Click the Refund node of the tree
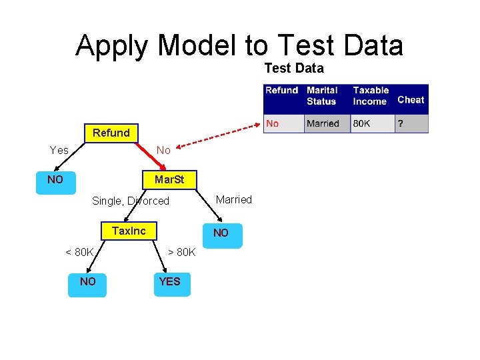point(111,133)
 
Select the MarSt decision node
point(169,180)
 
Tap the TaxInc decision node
point(129,231)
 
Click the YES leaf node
point(169,282)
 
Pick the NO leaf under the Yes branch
point(55,180)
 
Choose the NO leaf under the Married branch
point(221,233)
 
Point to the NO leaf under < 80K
point(87,282)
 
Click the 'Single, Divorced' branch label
point(131,201)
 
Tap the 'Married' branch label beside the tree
point(234,199)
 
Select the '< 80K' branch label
point(79,252)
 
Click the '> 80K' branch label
point(181,252)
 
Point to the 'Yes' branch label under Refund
point(59,150)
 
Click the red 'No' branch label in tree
point(163,150)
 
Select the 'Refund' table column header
point(281,91)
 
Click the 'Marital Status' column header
point(322,96)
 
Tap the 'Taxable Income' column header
point(371,96)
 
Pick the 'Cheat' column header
point(411,100)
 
